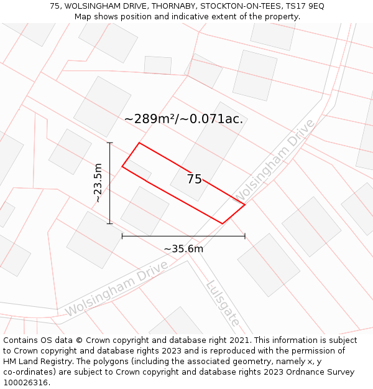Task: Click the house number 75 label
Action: (194, 179)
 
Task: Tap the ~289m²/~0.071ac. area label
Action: (183, 118)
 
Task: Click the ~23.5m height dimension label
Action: (98, 183)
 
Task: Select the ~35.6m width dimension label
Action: (183, 249)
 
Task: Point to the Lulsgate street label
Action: (223, 304)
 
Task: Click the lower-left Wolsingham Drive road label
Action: (116, 288)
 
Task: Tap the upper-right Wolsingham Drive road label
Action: (274, 160)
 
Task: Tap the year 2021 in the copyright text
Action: (239, 340)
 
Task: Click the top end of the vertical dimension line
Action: (110, 143)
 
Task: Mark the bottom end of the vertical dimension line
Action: (110, 223)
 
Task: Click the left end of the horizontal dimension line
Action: (122, 236)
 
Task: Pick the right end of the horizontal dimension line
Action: (245, 236)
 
